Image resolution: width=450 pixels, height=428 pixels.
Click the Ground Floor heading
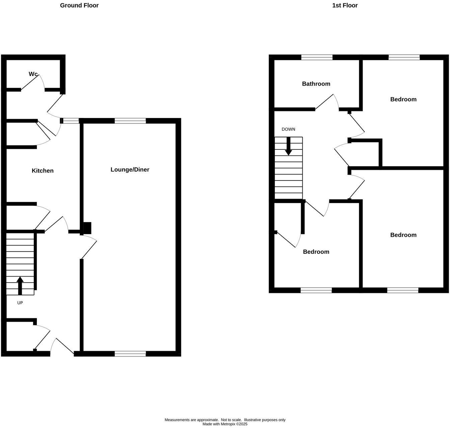point(79,5)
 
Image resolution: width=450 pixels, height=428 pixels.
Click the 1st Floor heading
point(345,5)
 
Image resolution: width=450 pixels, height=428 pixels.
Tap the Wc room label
point(33,74)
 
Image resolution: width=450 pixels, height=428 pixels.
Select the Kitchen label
point(43,171)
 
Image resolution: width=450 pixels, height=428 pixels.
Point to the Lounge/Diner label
point(130,170)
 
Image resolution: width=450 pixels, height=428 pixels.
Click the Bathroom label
point(316,84)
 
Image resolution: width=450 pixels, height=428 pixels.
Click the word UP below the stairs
point(20,303)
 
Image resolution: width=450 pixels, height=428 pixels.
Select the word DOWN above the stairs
point(288,129)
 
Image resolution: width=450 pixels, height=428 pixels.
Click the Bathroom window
point(317,57)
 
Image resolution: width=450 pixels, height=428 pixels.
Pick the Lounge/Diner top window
point(130,121)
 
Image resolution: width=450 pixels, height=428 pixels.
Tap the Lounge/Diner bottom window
point(130,353)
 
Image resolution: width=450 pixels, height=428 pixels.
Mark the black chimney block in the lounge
point(87,228)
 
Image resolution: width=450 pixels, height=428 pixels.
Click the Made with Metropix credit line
point(225,424)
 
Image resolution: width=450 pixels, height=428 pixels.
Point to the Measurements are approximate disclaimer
point(225,420)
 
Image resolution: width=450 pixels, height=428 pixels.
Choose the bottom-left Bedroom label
point(316,252)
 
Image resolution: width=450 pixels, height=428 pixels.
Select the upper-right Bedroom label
point(403,99)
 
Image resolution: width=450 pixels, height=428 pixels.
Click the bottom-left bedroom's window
point(316,290)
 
